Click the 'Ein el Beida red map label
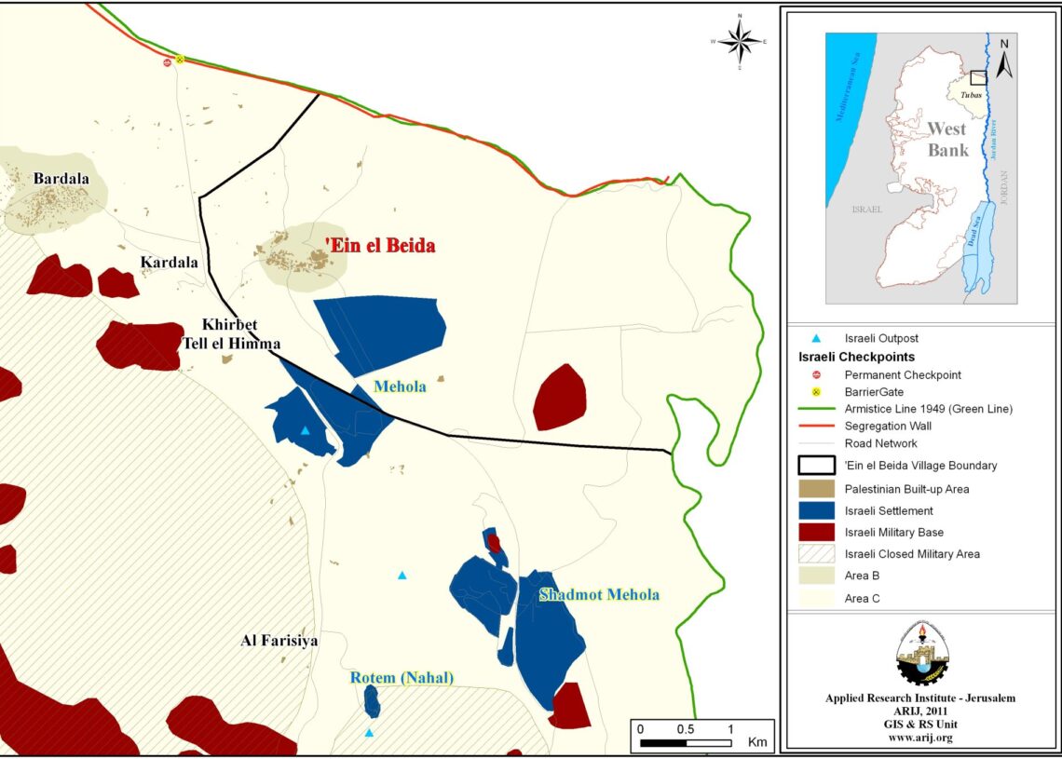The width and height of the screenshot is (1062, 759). pos(380,246)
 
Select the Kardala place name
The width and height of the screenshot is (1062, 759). pos(169,263)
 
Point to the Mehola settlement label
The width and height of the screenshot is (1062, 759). pos(400,386)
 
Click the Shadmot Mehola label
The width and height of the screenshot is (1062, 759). pos(599,595)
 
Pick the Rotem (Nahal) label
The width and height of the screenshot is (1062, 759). pos(402,678)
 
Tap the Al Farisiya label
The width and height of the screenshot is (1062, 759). pos(279,641)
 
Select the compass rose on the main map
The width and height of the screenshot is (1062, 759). pos(740,42)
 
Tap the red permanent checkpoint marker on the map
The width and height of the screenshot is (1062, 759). pos(167,62)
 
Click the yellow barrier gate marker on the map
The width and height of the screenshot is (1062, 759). pos(180,59)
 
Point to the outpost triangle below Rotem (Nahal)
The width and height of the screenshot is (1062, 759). pos(369,733)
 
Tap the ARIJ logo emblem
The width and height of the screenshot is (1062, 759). pos(920,653)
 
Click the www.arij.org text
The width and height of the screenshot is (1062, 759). pos(920,738)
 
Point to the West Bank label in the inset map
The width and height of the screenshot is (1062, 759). pos(947,139)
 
